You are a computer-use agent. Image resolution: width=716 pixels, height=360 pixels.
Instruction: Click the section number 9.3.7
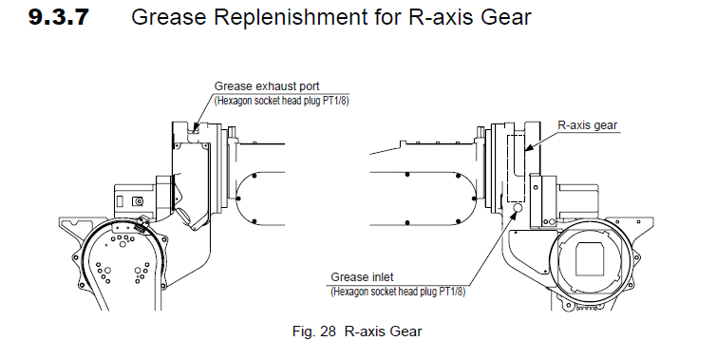59,17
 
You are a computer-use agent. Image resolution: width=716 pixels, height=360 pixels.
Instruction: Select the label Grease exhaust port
267,85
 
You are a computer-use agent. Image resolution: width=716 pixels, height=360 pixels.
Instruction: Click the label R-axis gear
587,125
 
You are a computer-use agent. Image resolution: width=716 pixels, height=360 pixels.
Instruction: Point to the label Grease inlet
362,276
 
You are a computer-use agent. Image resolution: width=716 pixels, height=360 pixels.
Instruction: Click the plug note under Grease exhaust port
281,101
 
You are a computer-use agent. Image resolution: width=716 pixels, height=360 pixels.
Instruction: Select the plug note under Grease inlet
398,292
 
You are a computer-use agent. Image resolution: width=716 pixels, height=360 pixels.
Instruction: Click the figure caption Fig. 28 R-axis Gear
357,332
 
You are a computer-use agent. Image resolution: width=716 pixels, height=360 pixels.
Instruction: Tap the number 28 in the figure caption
328,332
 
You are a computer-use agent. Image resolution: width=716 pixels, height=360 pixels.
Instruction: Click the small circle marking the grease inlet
518,208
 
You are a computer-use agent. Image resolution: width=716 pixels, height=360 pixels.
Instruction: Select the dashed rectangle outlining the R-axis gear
508,168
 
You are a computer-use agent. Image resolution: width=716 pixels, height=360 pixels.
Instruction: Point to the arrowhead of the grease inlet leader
513,216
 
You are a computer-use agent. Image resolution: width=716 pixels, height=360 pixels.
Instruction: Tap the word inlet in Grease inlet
381,276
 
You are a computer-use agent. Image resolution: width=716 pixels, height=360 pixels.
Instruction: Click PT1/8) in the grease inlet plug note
452,292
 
